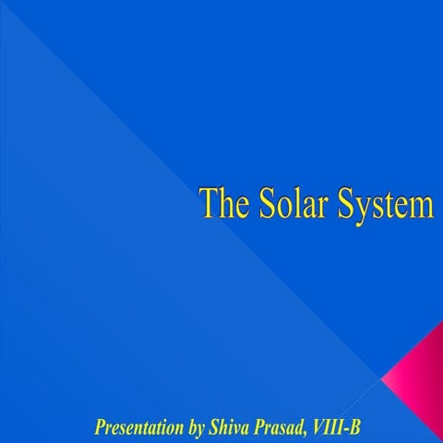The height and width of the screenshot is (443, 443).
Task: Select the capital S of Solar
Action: tap(261, 202)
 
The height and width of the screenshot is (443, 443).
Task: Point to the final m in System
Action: tap(423, 206)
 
